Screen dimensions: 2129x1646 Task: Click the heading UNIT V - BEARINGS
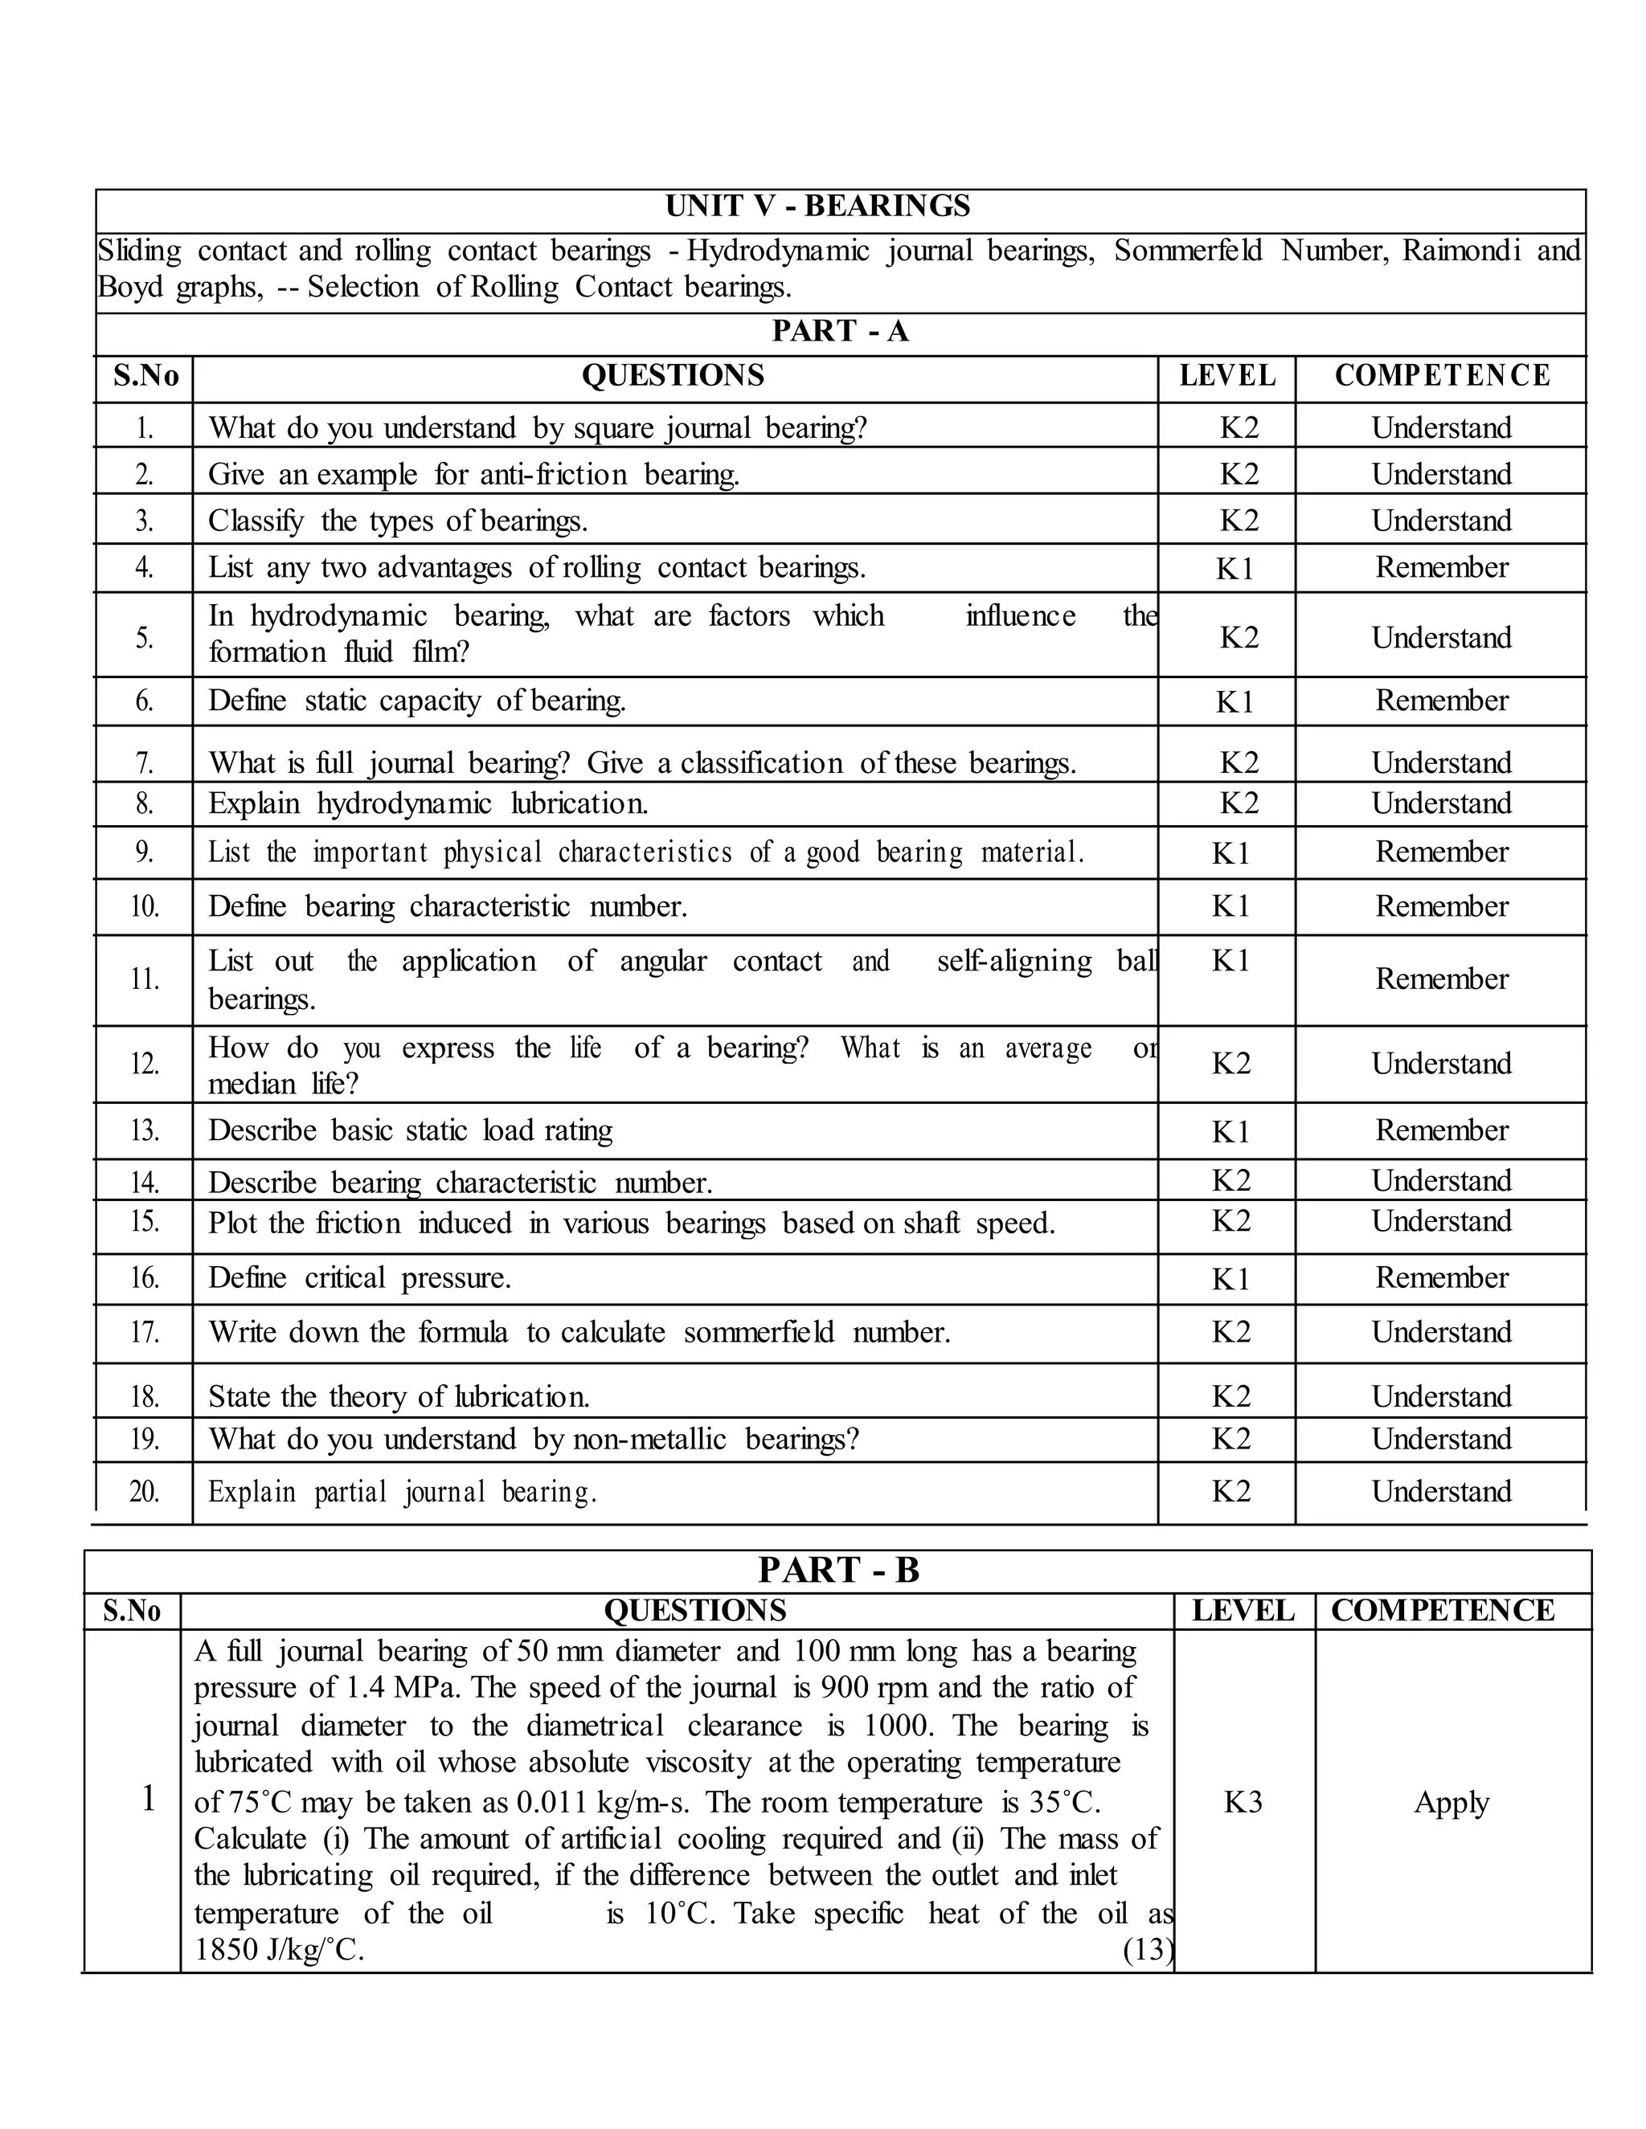click(817, 206)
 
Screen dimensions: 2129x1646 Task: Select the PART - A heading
click(840, 332)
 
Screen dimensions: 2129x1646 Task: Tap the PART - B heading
click(838, 1571)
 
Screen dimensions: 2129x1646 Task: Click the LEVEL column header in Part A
click(1226, 375)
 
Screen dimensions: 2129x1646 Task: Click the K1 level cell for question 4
click(1234, 568)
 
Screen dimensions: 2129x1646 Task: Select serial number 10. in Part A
click(145, 906)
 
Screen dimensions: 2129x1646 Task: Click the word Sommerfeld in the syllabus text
click(1188, 251)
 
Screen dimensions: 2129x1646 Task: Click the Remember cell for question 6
click(1441, 700)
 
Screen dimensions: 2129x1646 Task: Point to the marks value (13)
click(1147, 1950)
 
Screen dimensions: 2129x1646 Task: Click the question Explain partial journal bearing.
click(402, 1491)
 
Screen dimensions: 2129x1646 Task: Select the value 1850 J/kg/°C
click(279, 1950)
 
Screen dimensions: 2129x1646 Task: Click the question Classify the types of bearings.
click(398, 521)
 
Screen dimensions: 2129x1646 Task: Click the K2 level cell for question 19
click(1230, 1439)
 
